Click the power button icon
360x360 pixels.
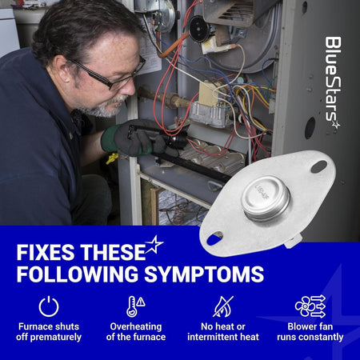point(49,306)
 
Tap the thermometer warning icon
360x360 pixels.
point(135,306)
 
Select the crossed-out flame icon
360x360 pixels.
point(223,306)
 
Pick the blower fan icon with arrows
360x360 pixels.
point(310,306)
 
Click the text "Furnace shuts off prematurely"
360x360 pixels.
point(49,332)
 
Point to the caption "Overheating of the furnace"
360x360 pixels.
point(136,332)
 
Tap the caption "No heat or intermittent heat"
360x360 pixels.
point(223,332)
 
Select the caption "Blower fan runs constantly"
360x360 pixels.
point(310,332)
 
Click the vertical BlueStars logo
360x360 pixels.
point(333,82)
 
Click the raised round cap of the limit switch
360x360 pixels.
point(266,198)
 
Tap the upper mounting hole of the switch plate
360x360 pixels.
point(319,166)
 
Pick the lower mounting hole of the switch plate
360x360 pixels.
point(214,238)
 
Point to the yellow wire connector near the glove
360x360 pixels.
point(112,158)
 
